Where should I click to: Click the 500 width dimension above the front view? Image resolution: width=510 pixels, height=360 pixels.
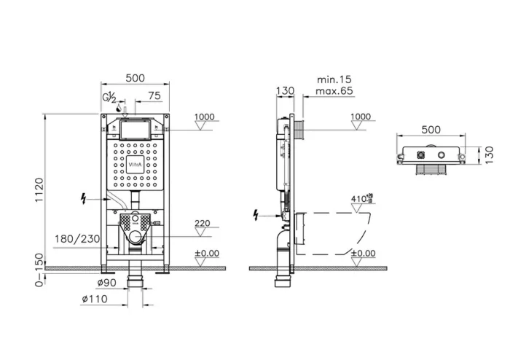point(134,77)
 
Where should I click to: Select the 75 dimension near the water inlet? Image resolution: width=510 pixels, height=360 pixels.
point(154,95)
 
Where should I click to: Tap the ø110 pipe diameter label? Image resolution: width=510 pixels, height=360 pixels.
point(93,299)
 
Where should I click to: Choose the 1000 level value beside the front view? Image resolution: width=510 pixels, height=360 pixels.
point(205,117)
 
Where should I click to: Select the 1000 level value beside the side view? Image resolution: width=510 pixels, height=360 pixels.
point(360,117)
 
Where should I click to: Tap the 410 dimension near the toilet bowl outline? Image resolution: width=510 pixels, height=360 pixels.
point(359,197)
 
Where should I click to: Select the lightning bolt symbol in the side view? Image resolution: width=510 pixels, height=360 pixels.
point(255,215)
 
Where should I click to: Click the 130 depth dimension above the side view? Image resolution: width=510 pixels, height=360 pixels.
point(286,91)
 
